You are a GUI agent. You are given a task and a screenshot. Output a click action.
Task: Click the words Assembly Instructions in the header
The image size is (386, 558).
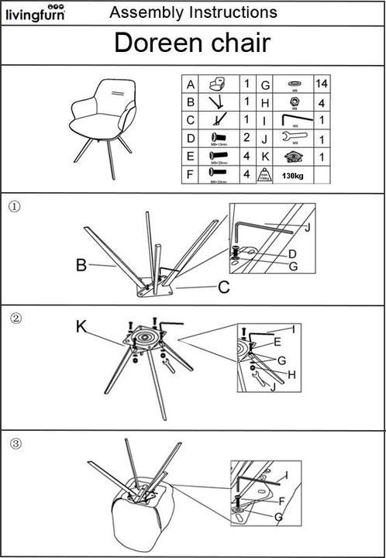[x=193, y=12]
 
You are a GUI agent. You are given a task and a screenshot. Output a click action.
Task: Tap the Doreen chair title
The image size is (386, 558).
[x=192, y=43]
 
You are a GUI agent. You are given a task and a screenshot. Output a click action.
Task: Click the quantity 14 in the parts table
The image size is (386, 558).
[x=321, y=83]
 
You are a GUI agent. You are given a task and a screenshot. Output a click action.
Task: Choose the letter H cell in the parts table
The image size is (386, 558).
[x=265, y=102]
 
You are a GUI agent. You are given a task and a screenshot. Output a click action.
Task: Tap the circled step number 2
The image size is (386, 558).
[x=15, y=318]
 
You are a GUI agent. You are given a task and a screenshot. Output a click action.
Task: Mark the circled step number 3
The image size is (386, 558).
[x=15, y=443]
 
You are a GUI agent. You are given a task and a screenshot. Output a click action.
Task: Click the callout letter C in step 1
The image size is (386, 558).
[x=223, y=288]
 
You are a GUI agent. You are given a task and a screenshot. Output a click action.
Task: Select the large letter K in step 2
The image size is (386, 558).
[x=81, y=326]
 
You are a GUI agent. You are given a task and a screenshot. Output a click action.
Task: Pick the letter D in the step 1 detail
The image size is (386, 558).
[x=292, y=253]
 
